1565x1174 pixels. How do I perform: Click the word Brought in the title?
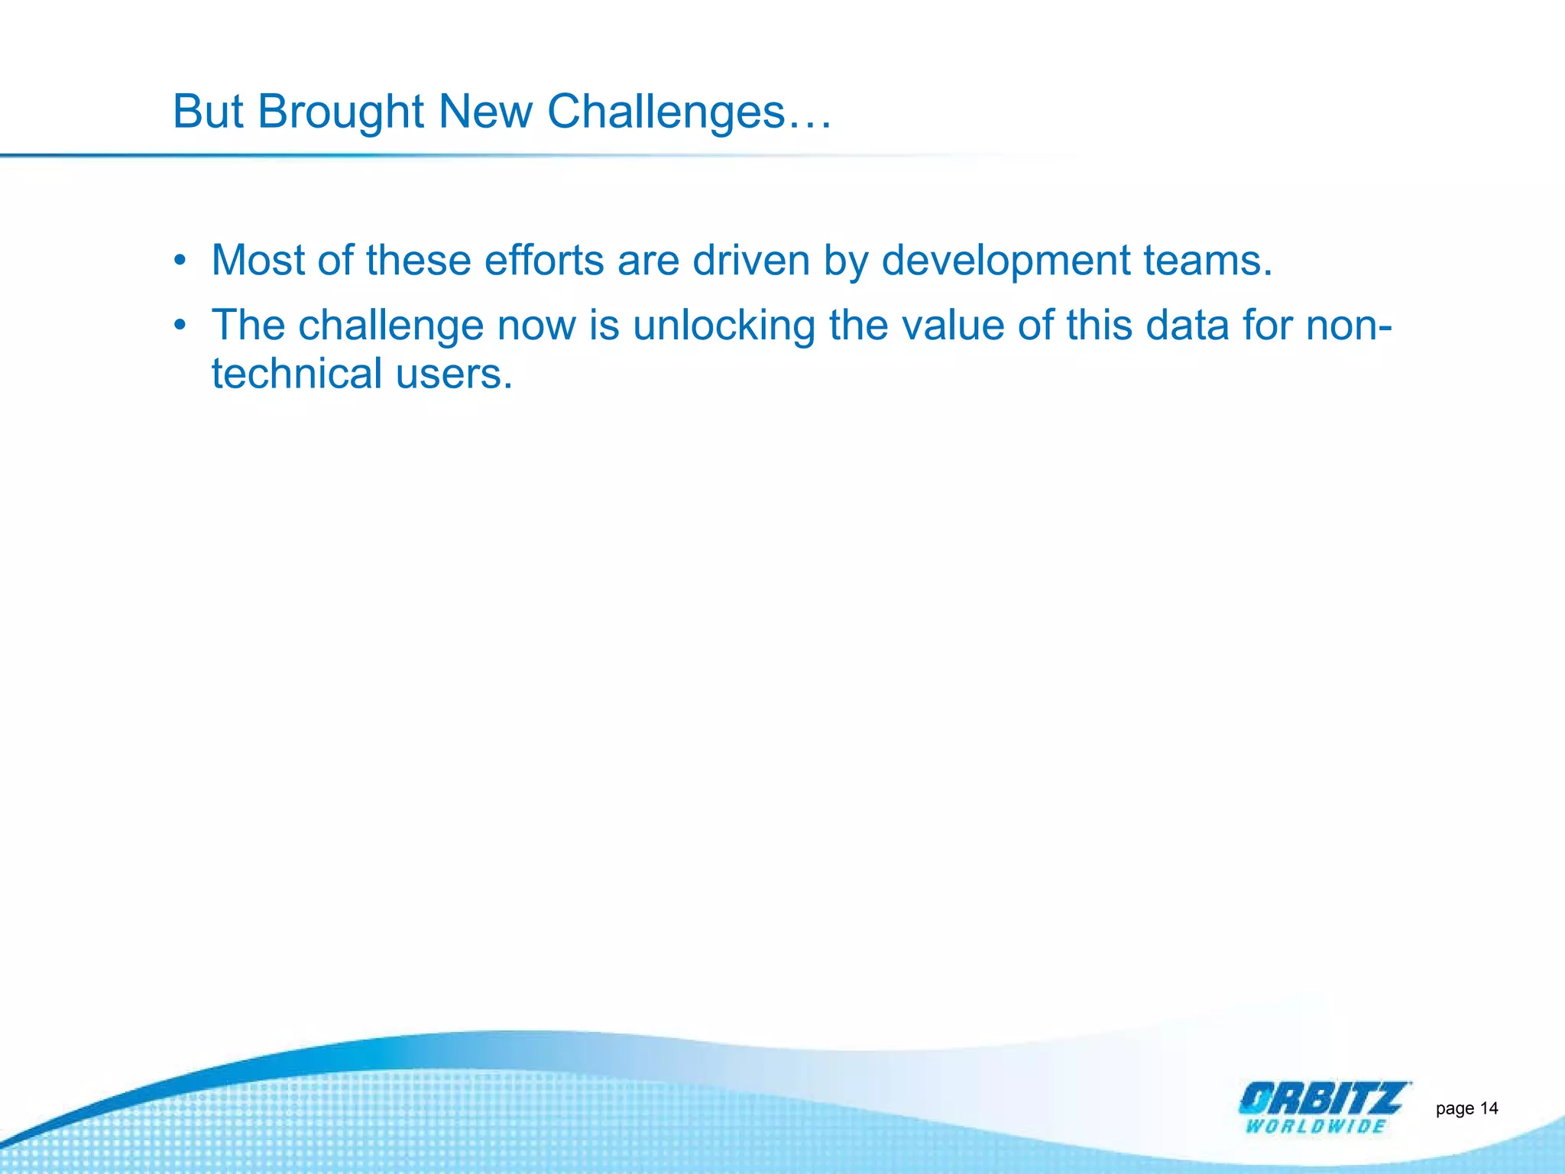(x=340, y=112)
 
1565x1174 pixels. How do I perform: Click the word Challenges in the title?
(x=666, y=112)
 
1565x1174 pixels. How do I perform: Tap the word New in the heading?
(x=485, y=112)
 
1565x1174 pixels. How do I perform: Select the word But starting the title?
(x=207, y=112)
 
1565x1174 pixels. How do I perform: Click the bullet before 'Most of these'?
(x=180, y=261)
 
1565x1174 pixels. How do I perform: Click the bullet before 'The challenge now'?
(x=180, y=326)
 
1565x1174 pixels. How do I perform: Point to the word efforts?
(x=544, y=261)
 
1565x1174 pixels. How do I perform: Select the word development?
(x=1006, y=261)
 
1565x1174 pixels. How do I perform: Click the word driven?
(x=750, y=261)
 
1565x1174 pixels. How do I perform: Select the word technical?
(x=296, y=375)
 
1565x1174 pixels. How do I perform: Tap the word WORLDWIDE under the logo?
(x=1315, y=1126)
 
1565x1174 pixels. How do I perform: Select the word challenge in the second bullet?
(x=390, y=326)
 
